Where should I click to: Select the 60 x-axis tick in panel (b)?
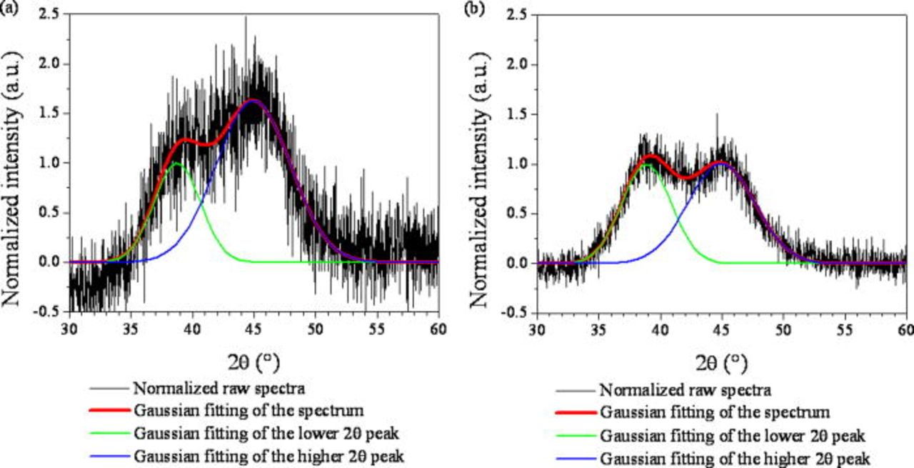point(904,329)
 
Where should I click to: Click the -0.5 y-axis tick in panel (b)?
point(518,313)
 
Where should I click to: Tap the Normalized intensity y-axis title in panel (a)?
point(15,163)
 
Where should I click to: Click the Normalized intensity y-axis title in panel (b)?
point(483,163)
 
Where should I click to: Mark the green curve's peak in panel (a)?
point(176,164)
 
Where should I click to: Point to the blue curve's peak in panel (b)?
point(721,163)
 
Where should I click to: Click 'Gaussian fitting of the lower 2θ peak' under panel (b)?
point(733,436)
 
